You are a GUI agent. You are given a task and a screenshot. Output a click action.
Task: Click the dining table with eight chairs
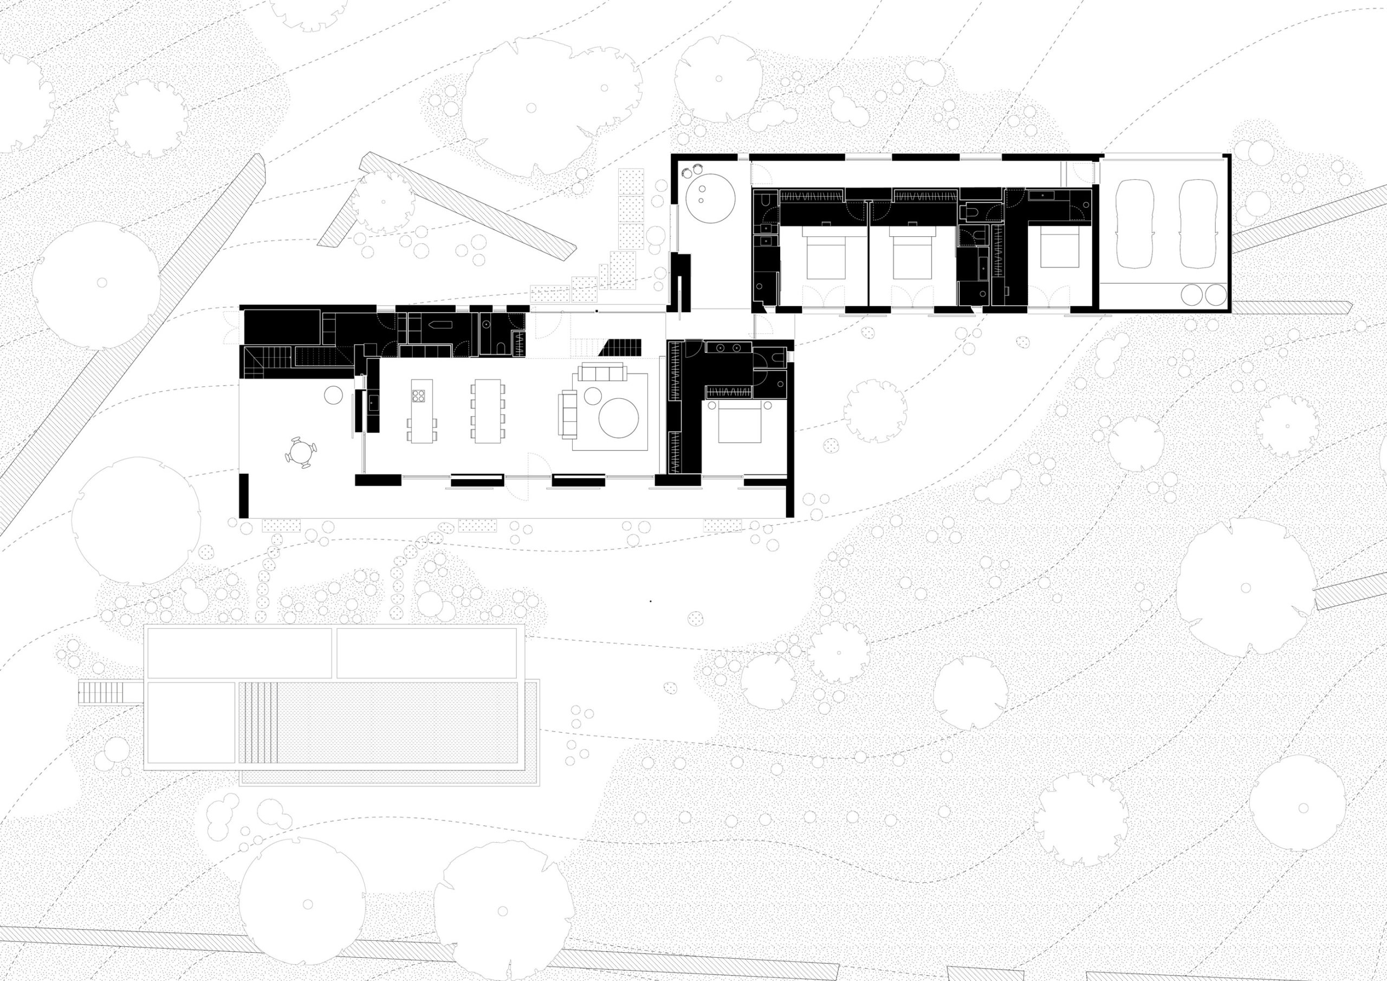point(488,411)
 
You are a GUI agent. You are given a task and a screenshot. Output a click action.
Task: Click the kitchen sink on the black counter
point(373,402)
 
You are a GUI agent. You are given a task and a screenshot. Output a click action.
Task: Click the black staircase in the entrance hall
point(620,347)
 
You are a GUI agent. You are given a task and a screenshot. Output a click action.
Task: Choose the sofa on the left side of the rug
point(568,413)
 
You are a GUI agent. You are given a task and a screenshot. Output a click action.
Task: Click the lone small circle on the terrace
point(333,395)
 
